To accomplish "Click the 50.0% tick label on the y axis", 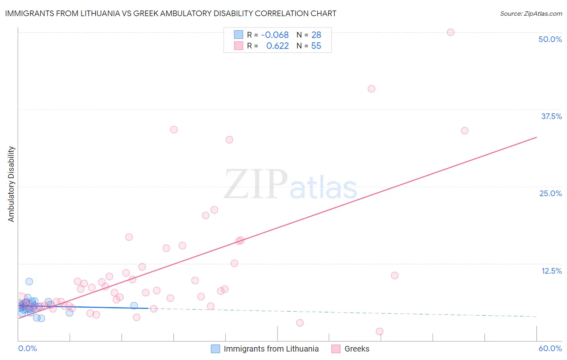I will coord(550,39).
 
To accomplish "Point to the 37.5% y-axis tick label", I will coord(551,116).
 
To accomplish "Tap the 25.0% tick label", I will coord(550,193).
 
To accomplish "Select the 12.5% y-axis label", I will coord(551,271).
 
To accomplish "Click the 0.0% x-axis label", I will coord(27,348).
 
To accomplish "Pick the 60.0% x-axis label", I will coord(550,348).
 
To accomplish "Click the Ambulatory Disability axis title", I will coord(11,184).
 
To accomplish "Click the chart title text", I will coord(171,13).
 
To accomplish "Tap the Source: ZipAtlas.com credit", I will coord(531,13).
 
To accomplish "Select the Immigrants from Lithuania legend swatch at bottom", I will coord(215,349).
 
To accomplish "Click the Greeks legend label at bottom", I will coord(357,349).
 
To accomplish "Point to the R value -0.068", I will coord(275,35).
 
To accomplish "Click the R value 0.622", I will coord(277,46).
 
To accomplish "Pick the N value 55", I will coord(316,46).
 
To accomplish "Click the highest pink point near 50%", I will coord(450,32).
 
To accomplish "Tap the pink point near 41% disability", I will coord(371,89).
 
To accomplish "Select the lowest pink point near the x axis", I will coord(379,331).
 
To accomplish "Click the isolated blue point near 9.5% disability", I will coord(29,281).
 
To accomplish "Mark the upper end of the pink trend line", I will coord(536,137).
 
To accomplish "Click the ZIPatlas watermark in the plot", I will coord(290,185).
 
